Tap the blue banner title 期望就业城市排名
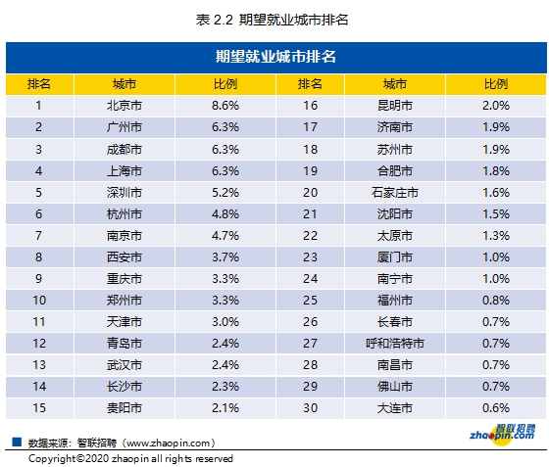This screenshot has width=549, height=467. point(274,56)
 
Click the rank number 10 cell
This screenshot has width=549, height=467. point(38,301)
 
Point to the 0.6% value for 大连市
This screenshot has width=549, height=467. point(496,407)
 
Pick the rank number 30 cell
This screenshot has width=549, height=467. point(311,407)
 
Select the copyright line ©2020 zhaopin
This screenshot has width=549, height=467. point(130,458)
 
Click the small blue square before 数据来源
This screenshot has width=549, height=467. point(17,442)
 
